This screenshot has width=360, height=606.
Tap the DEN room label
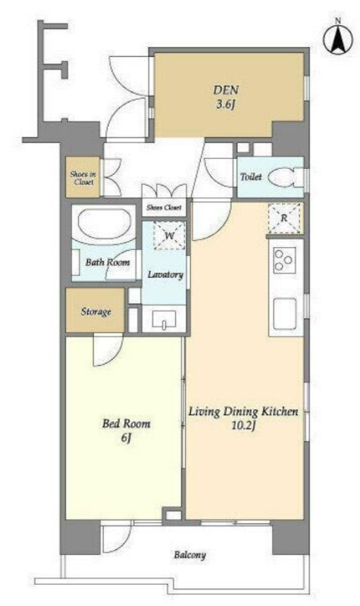click(x=226, y=90)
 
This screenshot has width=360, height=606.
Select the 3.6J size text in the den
click(x=226, y=105)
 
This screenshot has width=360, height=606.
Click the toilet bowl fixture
click(x=286, y=177)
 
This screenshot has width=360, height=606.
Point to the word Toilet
click(x=251, y=177)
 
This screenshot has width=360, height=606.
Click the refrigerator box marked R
click(x=284, y=218)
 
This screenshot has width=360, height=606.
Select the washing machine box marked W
click(x=169, y=236)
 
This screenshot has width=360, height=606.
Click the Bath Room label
click(x=108, y=262)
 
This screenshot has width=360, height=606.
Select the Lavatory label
click(x=165, y=275)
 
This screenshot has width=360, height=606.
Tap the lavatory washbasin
click(x=164, y=318)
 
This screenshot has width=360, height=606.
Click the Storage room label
click(x=96, y=311)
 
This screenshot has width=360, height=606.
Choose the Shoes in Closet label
click(x=83, y=178)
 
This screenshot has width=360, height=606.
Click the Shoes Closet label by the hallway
click(x=164, y=208)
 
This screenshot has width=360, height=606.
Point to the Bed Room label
click(x=126, y=423)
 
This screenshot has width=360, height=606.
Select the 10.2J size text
click(x=244, y=426)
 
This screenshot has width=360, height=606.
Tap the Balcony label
click(x=189, y=555)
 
